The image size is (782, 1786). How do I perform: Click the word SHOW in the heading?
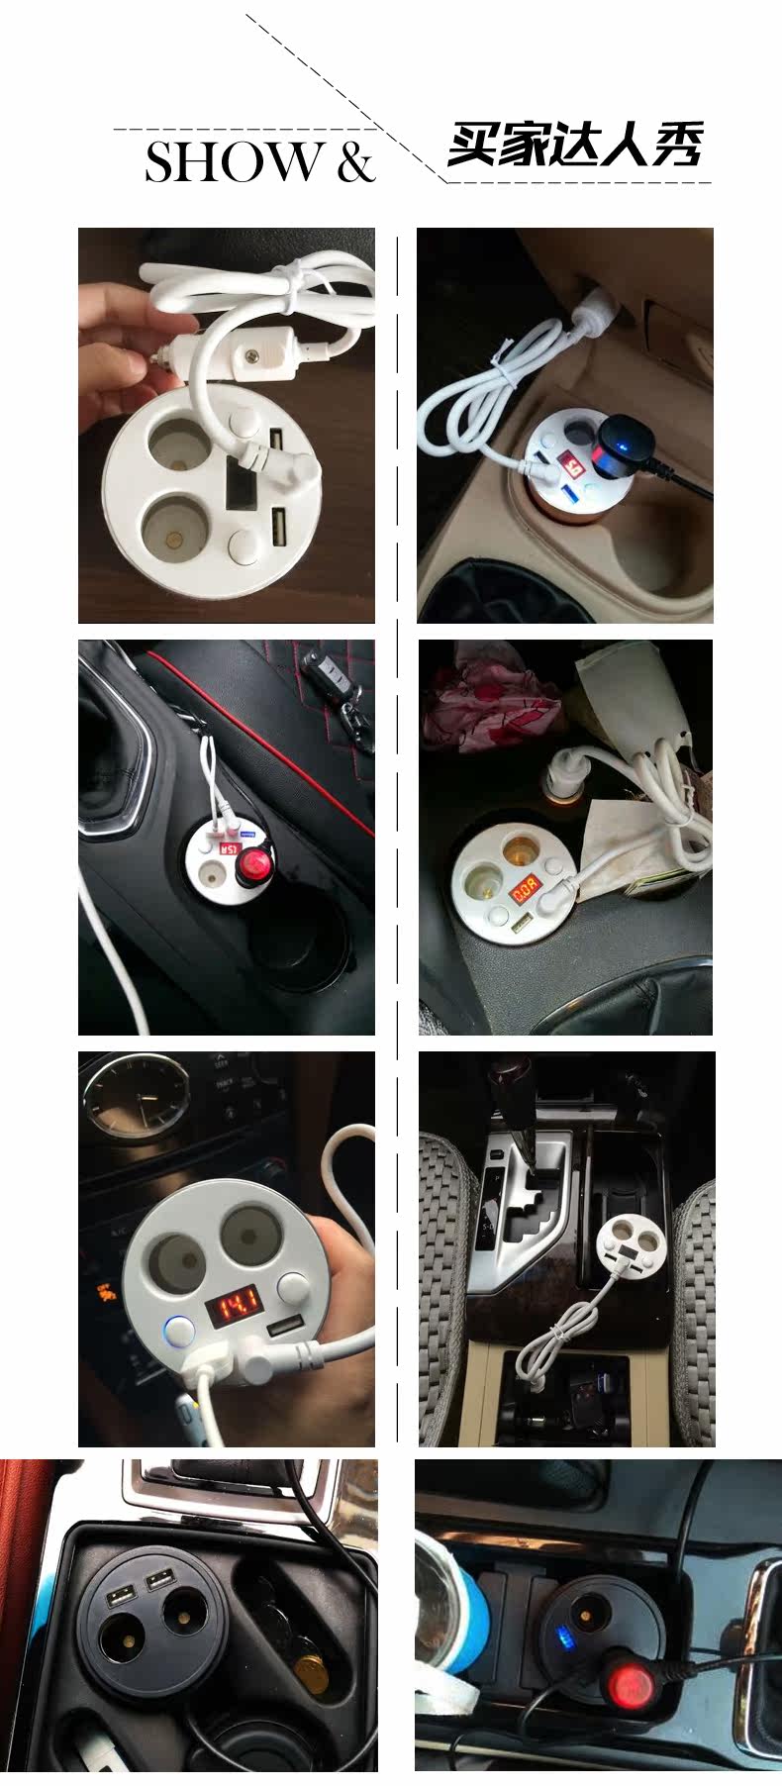(x=234, y=162)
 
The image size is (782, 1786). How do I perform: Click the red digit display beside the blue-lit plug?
(x=571, y=461)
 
